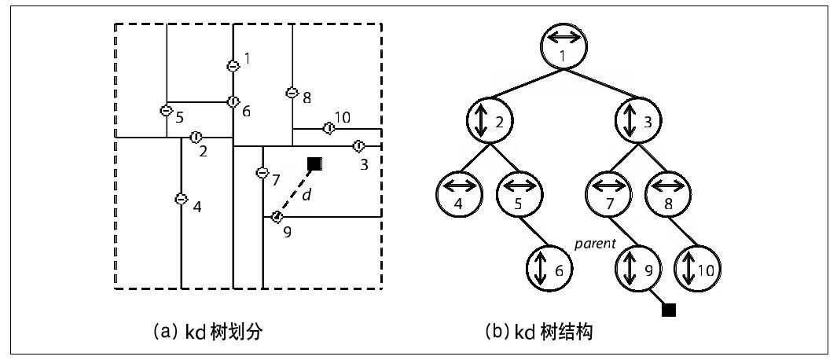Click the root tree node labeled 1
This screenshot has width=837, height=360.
[x=564, y=46]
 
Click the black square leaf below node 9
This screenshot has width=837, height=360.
[x=669, y=310]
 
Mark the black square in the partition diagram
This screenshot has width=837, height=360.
[x=314, y=163]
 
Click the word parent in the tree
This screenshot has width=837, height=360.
[x=594, y=244]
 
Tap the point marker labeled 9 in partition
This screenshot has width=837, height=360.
[x=277, y=216]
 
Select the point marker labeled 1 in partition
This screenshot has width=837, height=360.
[x=233, y=66]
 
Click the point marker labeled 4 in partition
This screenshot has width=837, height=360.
[x=180, y=200]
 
